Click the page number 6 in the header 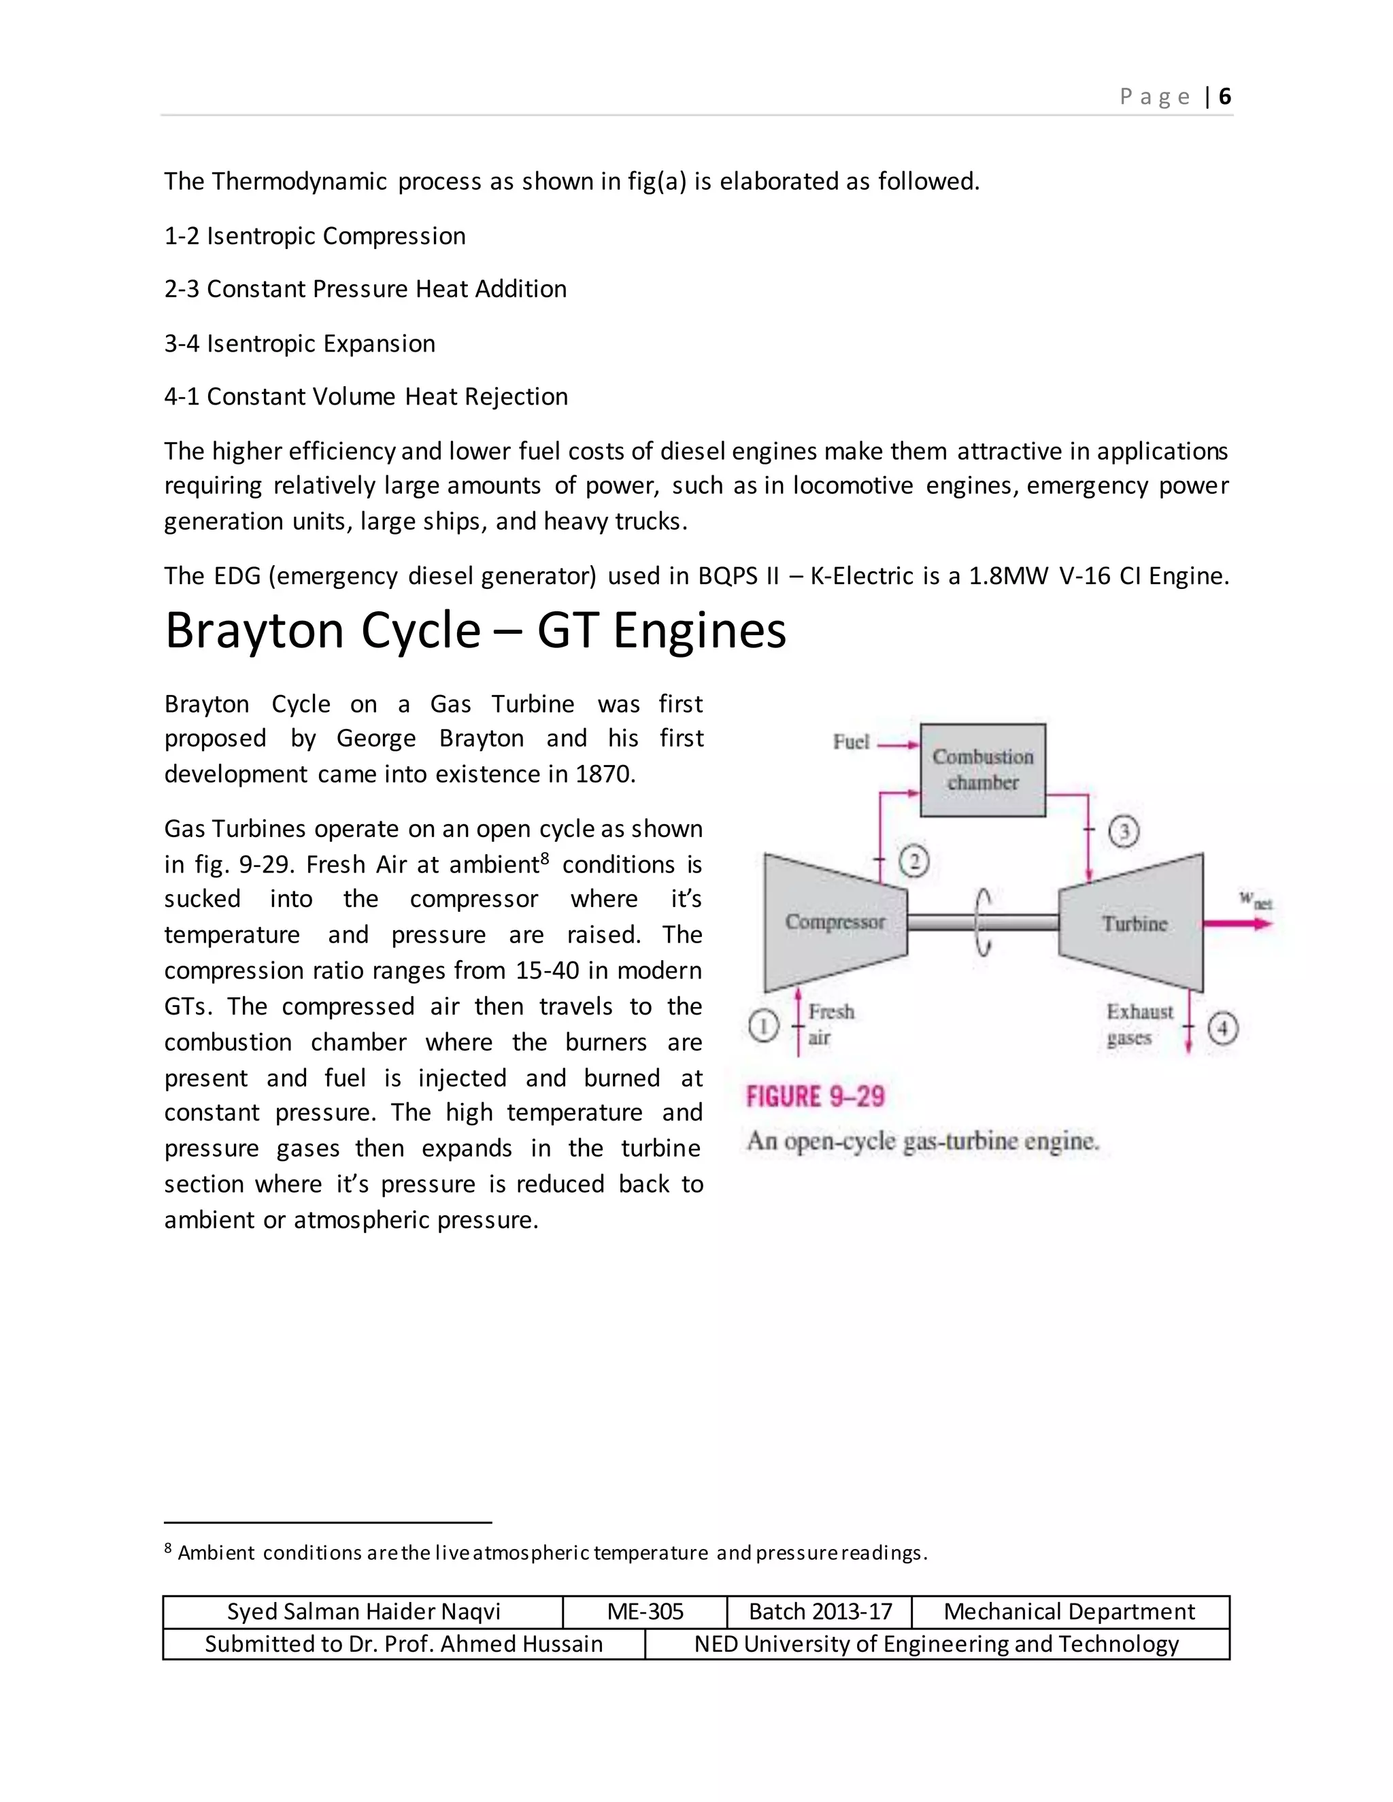[1224, 97]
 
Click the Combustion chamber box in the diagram [982, 770]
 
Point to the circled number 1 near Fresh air [763, 1026]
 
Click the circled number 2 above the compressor [913, 862]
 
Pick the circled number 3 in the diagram [1123, 831]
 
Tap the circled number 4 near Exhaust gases [1222, 1028]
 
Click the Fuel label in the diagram [851, 742]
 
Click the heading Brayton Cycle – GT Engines [475, 631]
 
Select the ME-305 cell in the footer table [645, 1612]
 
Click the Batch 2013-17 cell [820, 1612]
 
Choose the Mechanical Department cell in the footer [1069, 1612]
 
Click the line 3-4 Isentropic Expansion [299, 343]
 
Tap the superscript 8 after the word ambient [545, 858]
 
